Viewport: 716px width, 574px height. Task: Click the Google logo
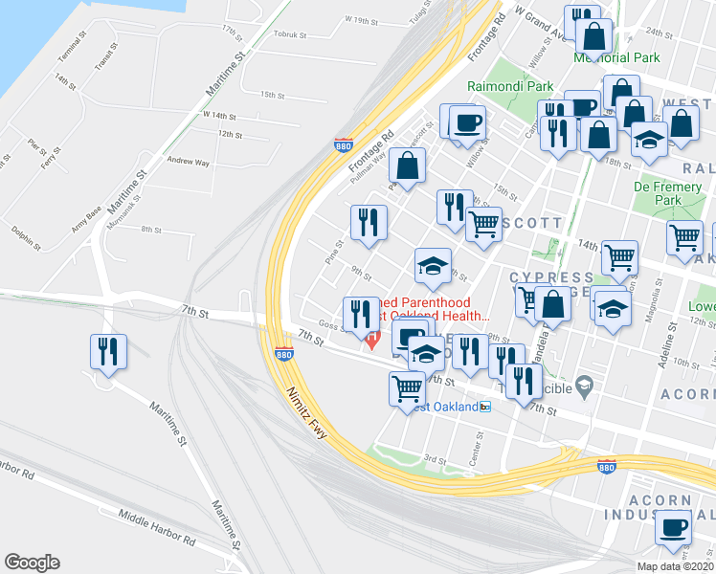[32, 563]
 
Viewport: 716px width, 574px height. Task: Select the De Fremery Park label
[669, 194]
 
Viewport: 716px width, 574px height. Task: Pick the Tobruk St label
[288, 33]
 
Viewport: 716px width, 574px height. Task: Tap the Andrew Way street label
[188, 163]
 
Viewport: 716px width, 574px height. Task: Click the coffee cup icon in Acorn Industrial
[673, 526]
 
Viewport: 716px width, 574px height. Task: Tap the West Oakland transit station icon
[485, 407]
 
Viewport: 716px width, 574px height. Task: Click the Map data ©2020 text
[675, 566]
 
